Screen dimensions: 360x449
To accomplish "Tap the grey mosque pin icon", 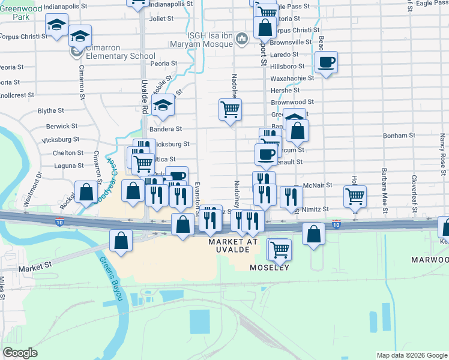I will coord(242,39).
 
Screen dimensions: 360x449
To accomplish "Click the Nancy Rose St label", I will coord(442,150).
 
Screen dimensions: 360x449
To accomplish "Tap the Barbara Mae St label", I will coord(383,186).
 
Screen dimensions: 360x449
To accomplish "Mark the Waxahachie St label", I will coord(292,78).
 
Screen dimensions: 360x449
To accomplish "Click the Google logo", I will coord(20,353).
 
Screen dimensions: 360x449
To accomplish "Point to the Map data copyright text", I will coord(412,355).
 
